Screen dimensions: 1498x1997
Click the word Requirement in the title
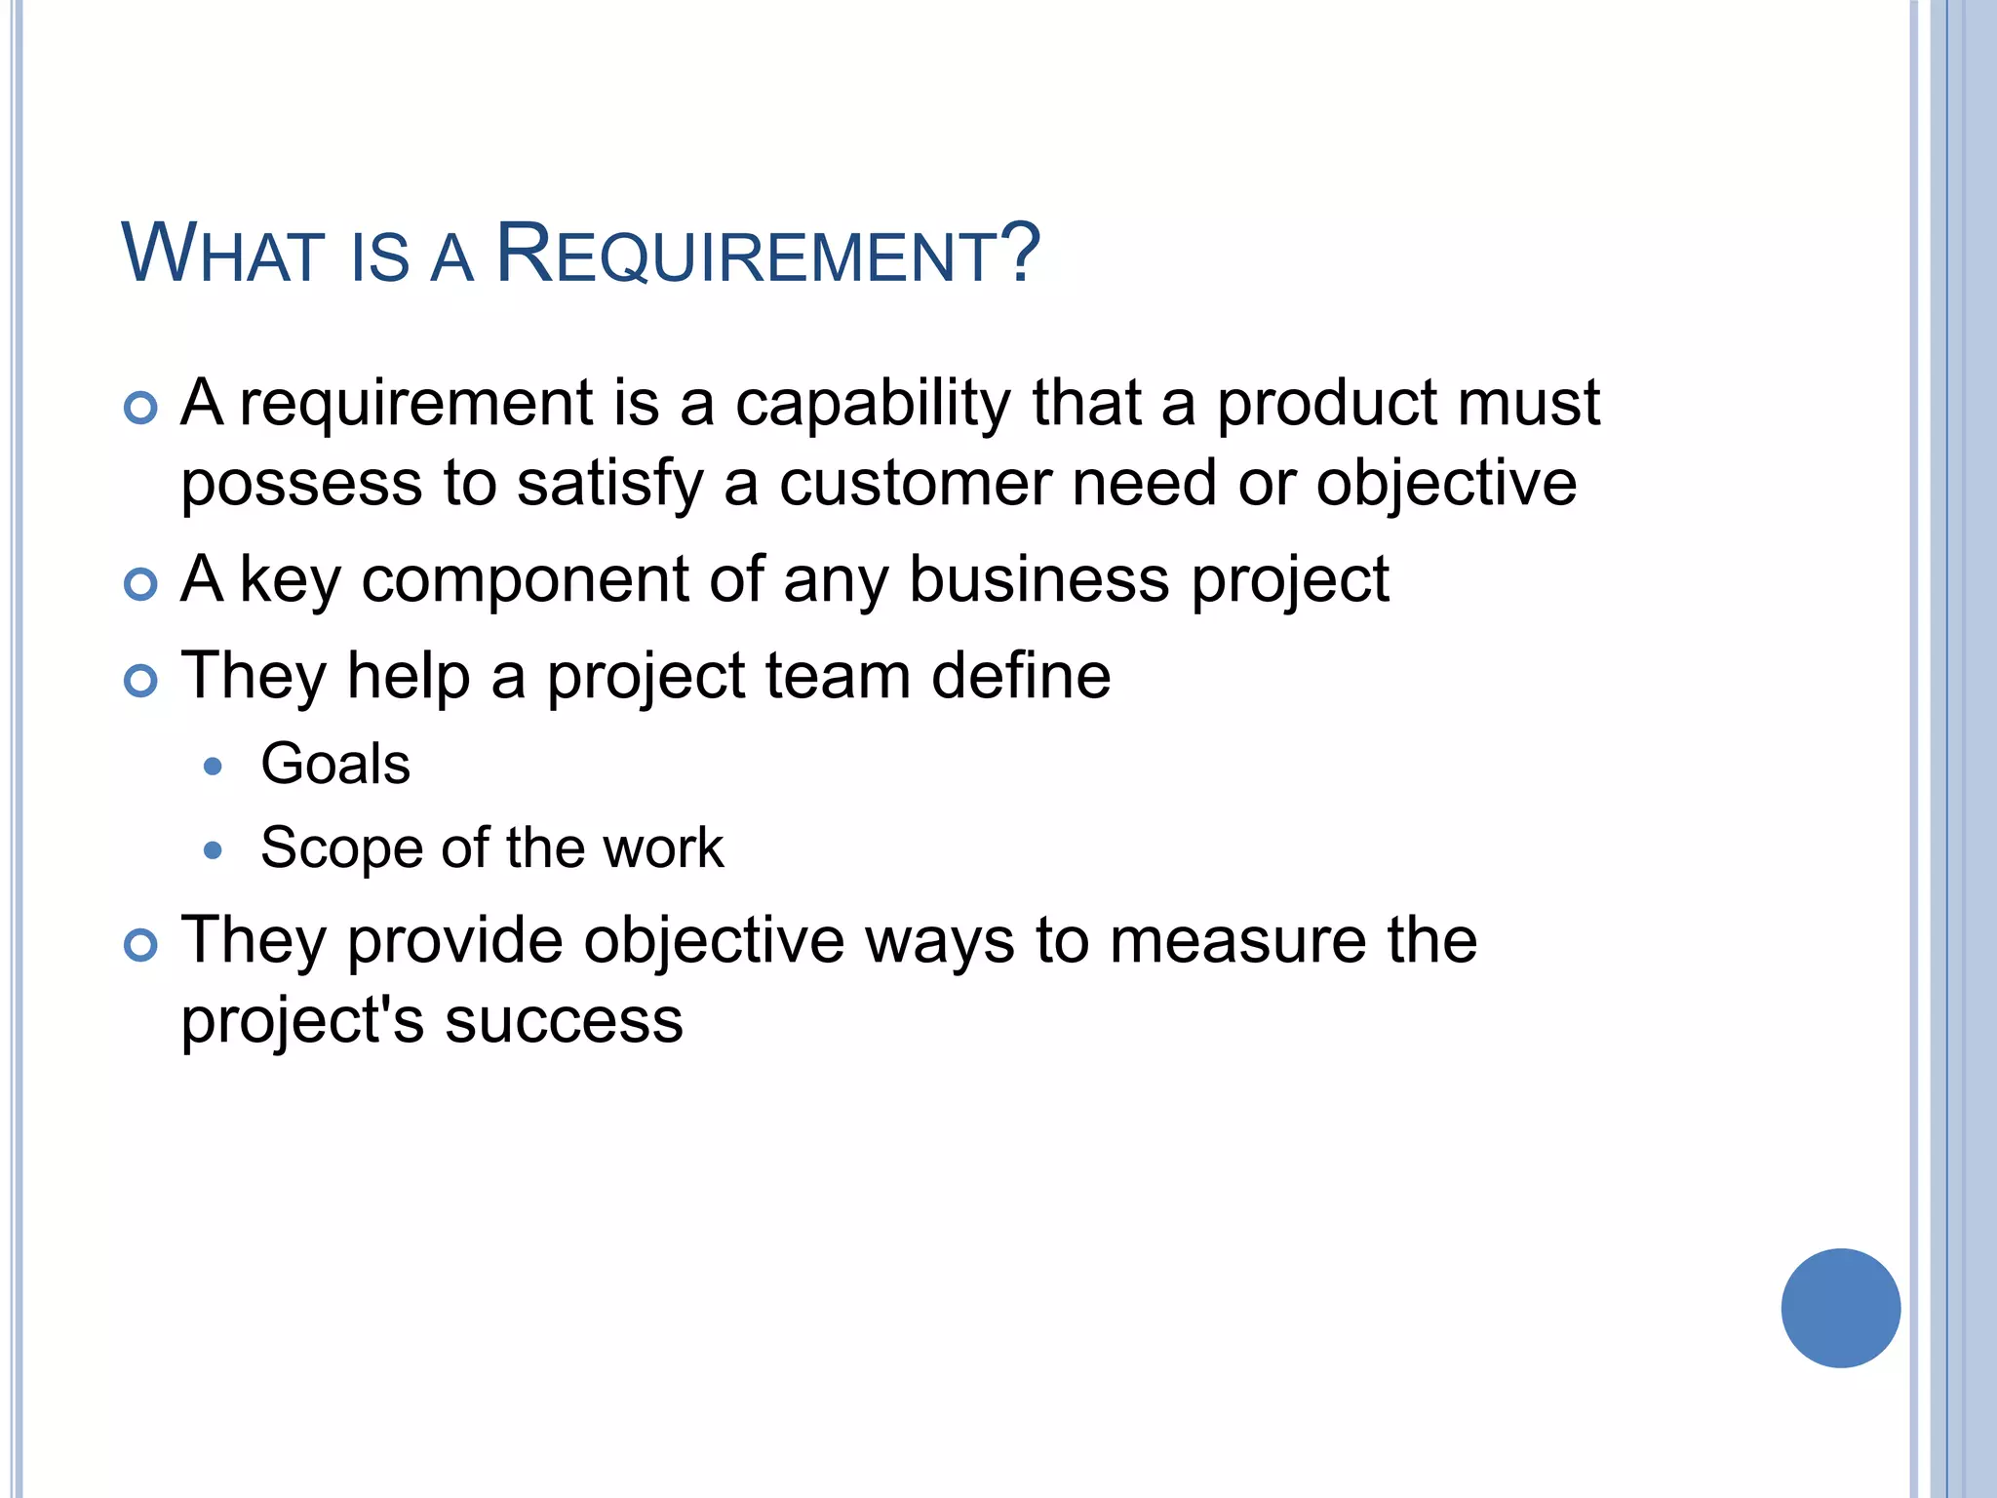[767, 256]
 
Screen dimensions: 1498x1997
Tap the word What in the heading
[222, 256]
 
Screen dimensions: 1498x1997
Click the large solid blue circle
[1840, 1308]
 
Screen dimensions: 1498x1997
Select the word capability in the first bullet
[873, 404]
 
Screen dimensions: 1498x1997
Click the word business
[1038, 580]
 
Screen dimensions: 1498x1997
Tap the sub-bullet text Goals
[335, 764]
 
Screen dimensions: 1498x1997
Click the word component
[525, 580]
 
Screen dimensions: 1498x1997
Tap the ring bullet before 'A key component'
[141, 584]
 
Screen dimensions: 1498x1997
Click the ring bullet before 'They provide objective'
[141, 945]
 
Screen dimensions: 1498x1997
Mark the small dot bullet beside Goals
[213, 767]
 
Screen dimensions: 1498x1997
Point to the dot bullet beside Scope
[213, 850]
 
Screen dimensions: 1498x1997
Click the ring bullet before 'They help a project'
[141, 681]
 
